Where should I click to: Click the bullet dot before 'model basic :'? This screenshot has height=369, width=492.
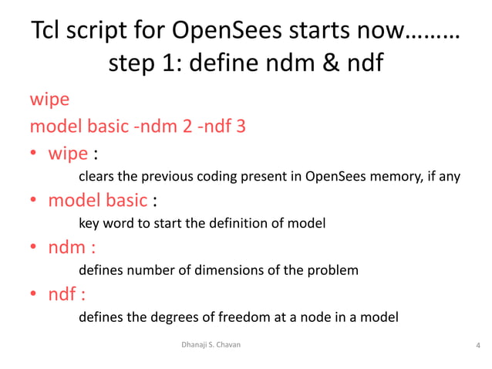pyautogui.click(x=35, y=201)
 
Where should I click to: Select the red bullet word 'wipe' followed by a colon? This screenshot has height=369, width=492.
pyautogui.click(x=68, y=153)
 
